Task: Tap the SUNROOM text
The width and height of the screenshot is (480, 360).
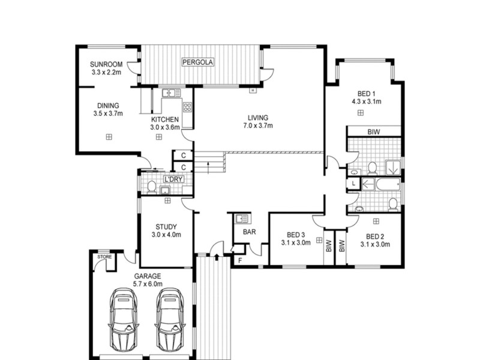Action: [106, 64]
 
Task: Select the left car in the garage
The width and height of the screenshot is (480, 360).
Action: [125, 319]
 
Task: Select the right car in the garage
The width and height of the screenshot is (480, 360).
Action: [169, 319]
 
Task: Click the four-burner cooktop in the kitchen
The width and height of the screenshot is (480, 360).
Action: [187, 108]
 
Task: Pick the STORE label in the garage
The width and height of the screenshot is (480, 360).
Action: [105, 257]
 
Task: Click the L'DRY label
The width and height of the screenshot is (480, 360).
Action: [173, 180]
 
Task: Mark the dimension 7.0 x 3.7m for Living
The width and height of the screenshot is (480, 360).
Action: [259, 126]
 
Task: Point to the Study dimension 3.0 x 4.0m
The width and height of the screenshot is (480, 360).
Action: [166, 235]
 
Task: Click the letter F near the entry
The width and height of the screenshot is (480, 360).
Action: [239, 260]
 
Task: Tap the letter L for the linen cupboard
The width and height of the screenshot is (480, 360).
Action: [353, 182]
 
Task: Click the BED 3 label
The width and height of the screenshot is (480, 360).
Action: [296, 235]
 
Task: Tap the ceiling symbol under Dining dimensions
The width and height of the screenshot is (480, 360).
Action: [109, 136]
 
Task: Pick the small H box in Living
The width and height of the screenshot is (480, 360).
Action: [253, 90]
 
